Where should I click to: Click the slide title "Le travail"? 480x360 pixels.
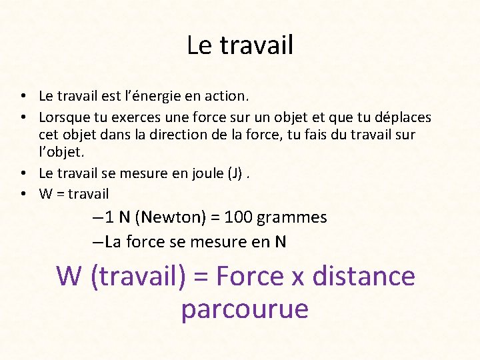click(240, 45)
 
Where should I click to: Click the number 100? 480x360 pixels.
click(238, 217)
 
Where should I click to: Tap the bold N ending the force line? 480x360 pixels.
click(281, 242)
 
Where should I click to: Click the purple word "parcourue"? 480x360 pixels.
click(244, 309)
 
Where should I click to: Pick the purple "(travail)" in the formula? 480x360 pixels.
click(137, 277)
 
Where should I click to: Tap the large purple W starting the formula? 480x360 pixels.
click(69, 276)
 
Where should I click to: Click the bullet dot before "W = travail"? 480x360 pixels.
click(23, 194)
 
